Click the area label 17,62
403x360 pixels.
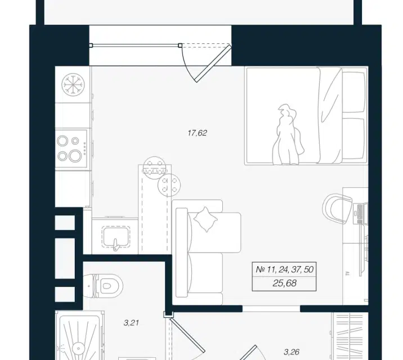click(197, 133)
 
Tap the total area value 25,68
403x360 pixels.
click(284, 283)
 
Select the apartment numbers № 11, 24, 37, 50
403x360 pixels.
click(284, 269)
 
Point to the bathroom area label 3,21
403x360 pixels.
click(131, 323)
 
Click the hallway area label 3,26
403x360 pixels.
click(292, 352)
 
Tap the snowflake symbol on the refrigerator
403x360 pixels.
click(73, 85)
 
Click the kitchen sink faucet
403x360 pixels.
click(115, 245)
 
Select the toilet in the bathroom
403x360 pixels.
click(103, 286)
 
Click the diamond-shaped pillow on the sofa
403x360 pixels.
click(205, 219)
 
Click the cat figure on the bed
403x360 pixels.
click(288, 134)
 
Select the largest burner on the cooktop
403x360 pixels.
click(75, 155)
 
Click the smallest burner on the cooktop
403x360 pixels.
click(75, 141)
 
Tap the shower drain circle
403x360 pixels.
click(78, 348)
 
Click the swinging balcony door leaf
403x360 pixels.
click(213, 63)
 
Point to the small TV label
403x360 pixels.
click(348, 274)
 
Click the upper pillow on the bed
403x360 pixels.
click(353, 92)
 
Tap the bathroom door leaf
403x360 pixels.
click(187, 334)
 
